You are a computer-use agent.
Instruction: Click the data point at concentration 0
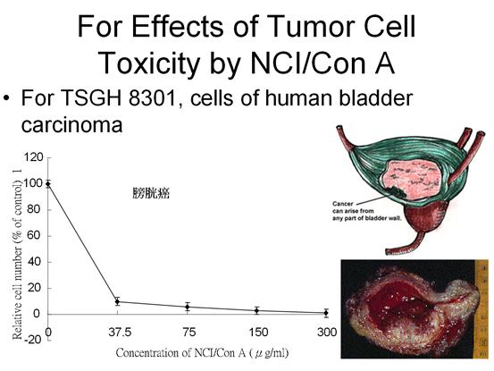click(x=48, y=184)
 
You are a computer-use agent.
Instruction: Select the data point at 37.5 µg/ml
click(x=118, y=301)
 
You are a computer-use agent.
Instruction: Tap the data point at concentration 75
click(x=188, y=307)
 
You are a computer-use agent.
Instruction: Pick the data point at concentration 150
click(x=257, y=310)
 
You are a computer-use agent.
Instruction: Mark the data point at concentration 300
click(x=326, y=313)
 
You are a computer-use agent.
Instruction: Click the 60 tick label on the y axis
click(x=36, y=235)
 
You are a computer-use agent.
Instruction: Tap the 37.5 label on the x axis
click(x=120, y=333)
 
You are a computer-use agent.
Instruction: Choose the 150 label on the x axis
click(x=259, y=333)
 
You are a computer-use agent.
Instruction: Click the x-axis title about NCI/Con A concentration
click(x=202, y=353)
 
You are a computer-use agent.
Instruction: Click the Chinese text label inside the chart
click(x=151, y=193)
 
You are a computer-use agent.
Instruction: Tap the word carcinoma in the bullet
click(x=71, y=125)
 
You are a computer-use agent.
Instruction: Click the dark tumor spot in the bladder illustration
click(x=395, y=191)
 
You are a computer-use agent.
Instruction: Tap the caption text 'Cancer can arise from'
click(x=353, y=207)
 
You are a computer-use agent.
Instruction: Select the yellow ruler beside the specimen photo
click(x=481, y=308)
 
